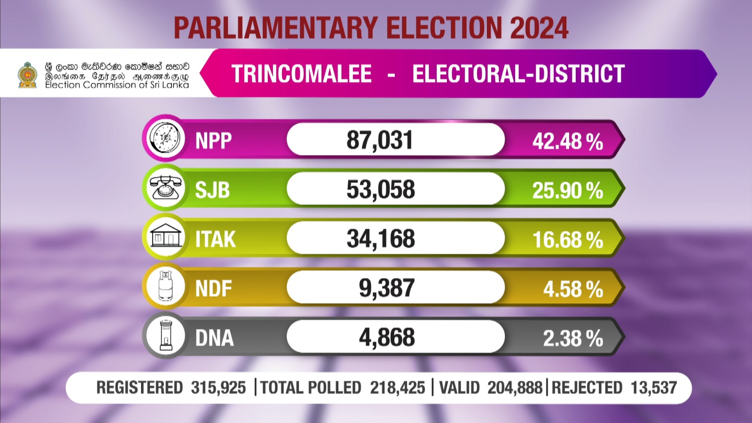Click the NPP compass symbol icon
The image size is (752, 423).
point(164,139)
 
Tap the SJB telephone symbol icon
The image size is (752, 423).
point(164,188)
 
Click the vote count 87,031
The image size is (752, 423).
point(380,140)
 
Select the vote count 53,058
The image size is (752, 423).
point(381,189)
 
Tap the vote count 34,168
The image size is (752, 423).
point(381,239)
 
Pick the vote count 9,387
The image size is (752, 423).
point(386,288)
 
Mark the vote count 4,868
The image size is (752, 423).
point(387,337)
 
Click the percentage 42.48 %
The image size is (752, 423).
point(567,141)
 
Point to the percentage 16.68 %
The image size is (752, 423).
point(567,240)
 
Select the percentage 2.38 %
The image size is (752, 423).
point(573,338)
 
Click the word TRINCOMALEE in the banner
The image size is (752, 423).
point(301,74)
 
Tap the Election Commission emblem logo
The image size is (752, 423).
point(27,75)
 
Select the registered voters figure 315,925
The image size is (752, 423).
point(218,388)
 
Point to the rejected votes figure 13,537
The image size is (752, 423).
point(654,388)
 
